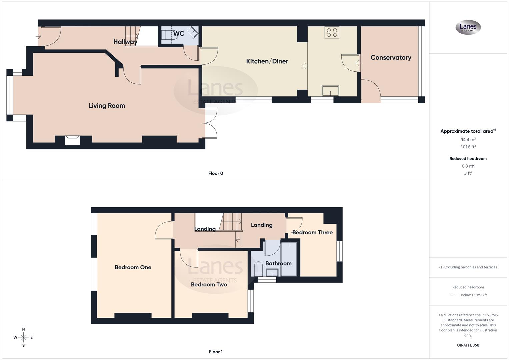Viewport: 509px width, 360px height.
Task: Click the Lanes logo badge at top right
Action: point(468,27)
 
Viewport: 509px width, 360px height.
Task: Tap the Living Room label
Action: point(107,106)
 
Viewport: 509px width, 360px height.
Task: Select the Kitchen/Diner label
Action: point(267,61)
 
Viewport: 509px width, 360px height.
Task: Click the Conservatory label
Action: point(391,58)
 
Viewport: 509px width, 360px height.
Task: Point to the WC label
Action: point(179,34)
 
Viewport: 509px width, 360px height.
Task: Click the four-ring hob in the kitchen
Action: point(332,33)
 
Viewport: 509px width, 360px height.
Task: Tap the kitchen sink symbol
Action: point(330,91)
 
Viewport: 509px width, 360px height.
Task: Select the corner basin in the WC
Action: point(192,32)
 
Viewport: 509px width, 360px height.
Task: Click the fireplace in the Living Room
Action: point(72,140)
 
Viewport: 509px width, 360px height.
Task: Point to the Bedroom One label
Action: point(133,267)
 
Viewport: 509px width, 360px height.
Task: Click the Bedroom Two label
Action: point(209,284)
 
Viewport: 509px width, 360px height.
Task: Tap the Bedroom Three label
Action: point(312,232)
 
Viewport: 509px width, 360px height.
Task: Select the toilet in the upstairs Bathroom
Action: point(258,269)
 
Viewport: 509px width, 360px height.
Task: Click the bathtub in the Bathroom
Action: point(289,259)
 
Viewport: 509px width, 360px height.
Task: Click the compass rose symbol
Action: point(23,337)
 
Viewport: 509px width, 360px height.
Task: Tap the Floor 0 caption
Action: point(216,173)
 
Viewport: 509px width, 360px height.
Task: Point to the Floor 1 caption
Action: point(216,352)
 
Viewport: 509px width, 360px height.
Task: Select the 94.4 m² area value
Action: point(468,140)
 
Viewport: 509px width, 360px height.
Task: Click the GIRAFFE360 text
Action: point(468,345)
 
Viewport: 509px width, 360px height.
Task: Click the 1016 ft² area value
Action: point(468,147)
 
